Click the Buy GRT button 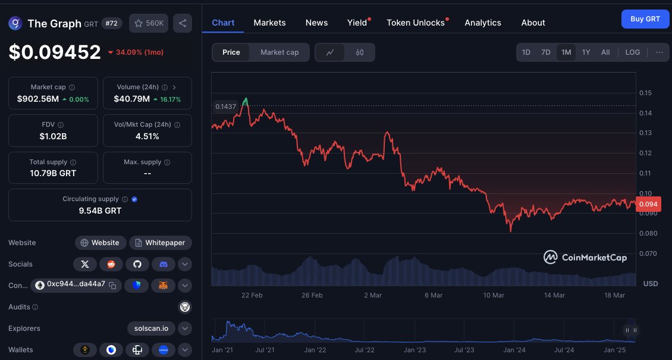(x=645, y=19)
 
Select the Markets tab (x=269, y=23)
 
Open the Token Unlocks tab (x=416, y=23)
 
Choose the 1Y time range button (x=586, y=52)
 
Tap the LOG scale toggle (x=633, y=52)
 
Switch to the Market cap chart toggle (x=280, y=52)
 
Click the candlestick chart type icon (x=360, y=52)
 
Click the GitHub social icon (x=137, y=264)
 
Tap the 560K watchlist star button (x=149, y=23)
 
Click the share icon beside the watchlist (x=183, y=23)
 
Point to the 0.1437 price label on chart (x=225, y=107)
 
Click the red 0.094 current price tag (x=648, y=205)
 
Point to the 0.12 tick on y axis (x=645, y=153)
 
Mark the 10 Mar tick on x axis (x=494, y=295)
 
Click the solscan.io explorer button (x=151, y=328)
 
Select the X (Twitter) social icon (x=85, y=264)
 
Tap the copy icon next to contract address (x=112, y=285)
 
